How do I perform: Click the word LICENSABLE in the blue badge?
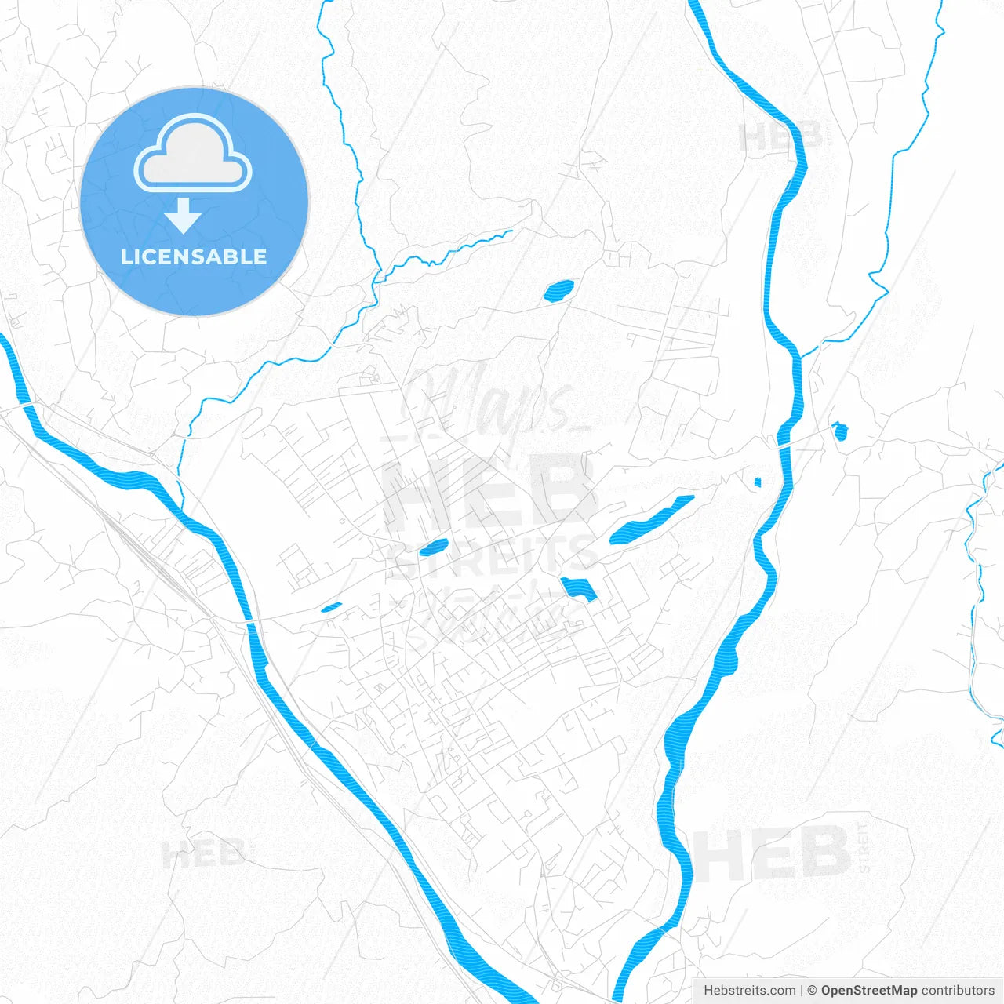click(194, 257)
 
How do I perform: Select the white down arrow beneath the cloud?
click(184, 216)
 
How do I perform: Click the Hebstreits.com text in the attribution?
click(749, 991)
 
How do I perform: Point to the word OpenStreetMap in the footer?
click(869, 991)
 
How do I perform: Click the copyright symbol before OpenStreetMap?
click(812, 991)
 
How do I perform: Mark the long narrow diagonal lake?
click(651, 520)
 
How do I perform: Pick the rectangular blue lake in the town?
click(578, 588)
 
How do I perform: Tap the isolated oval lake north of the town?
click(558, 291)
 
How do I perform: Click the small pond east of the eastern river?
click(840, 431)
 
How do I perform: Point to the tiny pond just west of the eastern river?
click(758, 482)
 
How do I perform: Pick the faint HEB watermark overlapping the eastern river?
click(780, 136)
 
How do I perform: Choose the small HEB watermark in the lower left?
click(203, 853)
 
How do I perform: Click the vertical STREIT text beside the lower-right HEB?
click(864, 847)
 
